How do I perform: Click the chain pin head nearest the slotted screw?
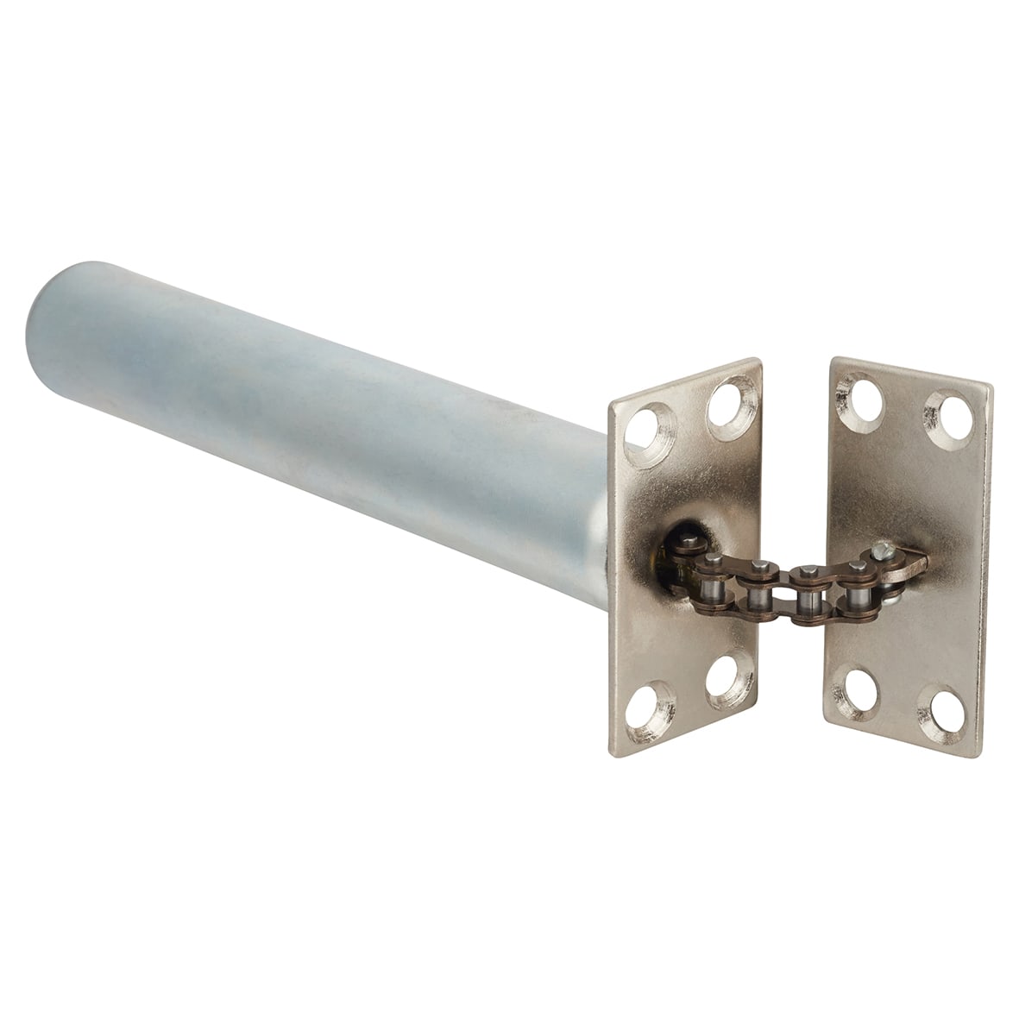(x=858, y=566)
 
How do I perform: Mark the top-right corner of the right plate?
(x=991, y=386)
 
